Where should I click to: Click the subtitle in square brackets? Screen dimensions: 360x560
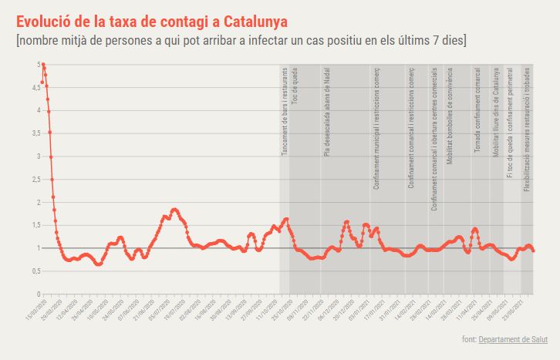point(241,39)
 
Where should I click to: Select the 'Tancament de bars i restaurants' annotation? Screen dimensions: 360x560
point(285,113)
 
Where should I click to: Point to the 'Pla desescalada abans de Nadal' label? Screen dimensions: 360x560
point(327,113)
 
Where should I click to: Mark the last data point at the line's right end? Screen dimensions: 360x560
point(534,251)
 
